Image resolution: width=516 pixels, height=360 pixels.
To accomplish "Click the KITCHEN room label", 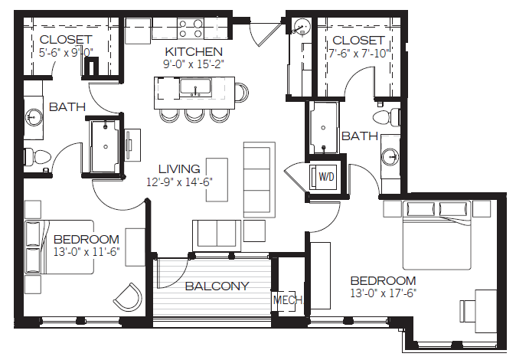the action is coord(194,52).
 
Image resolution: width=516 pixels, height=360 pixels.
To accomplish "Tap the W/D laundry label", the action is coord(326,177).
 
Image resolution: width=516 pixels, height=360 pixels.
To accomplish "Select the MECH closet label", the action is coord(288,299).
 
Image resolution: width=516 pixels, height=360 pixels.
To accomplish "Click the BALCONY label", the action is coord(217,286).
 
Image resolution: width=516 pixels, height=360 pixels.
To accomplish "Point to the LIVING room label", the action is coord(179,169).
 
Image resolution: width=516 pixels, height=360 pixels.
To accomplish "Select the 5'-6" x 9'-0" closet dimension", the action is coord(66,52).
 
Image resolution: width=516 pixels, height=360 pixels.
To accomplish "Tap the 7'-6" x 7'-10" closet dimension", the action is coord(359,53).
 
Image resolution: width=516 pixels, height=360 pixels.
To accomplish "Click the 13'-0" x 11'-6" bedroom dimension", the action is coord(87,252).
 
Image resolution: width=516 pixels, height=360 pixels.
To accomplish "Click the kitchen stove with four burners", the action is coord(190,28).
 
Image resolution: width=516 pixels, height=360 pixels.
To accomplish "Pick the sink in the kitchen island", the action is coord(194,87).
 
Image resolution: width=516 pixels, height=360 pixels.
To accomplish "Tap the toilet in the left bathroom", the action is coord(37,156).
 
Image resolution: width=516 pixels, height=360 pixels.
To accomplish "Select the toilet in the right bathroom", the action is coord(387,117).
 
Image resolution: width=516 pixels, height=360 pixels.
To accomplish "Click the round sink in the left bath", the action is coord(34,116).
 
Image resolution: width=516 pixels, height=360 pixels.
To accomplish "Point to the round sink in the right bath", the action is coord(390,155).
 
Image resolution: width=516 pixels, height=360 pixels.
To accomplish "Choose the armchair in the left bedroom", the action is coord(129,296).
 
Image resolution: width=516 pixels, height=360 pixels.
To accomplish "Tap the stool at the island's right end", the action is coord(242,92).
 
